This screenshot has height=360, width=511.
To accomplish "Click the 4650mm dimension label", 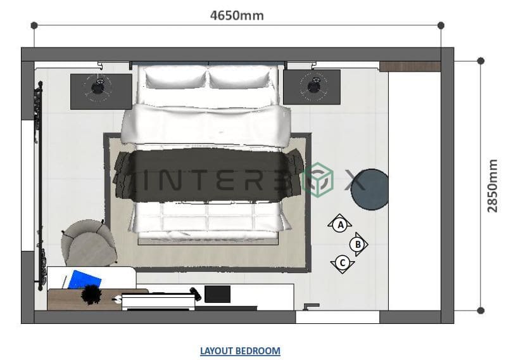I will click(x=237, y=15).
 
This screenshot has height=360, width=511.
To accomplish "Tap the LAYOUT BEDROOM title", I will click(x=240, y=350).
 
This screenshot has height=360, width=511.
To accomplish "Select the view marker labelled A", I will click(x=340, y=224).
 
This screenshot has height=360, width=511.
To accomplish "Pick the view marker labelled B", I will click(x=358, y=243).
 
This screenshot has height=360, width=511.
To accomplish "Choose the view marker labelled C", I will click(x=342, y=262).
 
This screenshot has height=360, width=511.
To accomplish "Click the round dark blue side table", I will click(x=370, y=189).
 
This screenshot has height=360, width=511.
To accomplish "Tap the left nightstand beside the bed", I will click(x=101, y=89).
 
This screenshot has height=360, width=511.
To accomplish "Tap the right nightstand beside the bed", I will click(x=312, y=87).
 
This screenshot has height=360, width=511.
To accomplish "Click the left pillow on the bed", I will click(x=173, y=78).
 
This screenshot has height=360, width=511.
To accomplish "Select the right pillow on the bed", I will click(x=242, y=78).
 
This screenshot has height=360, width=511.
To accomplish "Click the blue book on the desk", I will click(x=84, y=280).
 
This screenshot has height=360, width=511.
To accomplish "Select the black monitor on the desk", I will click(x=217, y=294).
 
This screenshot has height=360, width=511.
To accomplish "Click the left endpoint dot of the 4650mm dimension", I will click(x=34, y=25).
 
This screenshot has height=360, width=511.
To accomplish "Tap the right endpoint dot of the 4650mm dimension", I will click(x=441, y=25).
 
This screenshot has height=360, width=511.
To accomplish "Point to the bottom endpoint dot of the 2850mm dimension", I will click(x=481, y=311).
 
